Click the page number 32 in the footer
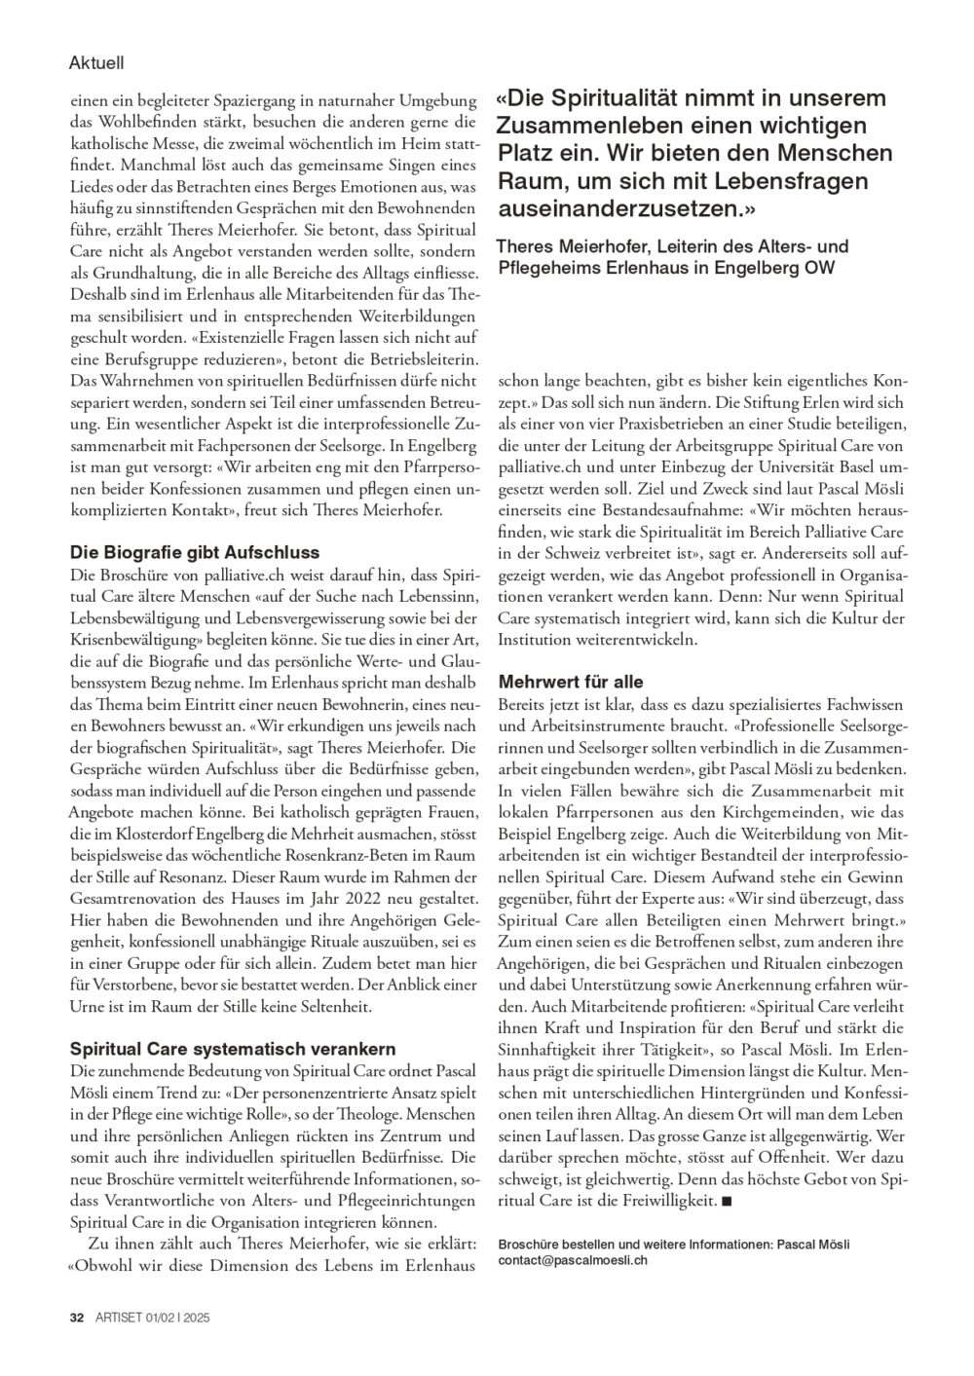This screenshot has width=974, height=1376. coord(76,1317)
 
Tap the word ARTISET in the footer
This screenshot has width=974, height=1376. coord(118,1317)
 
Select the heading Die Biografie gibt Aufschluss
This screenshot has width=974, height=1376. coord(195,552)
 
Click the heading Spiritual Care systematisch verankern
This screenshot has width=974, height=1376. coord(233,1049)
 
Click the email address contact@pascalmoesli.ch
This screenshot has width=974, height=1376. coord(572,1259)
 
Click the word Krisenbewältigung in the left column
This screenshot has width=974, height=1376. coord(131,651)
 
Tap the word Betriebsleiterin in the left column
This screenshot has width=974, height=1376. coord(390,356)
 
